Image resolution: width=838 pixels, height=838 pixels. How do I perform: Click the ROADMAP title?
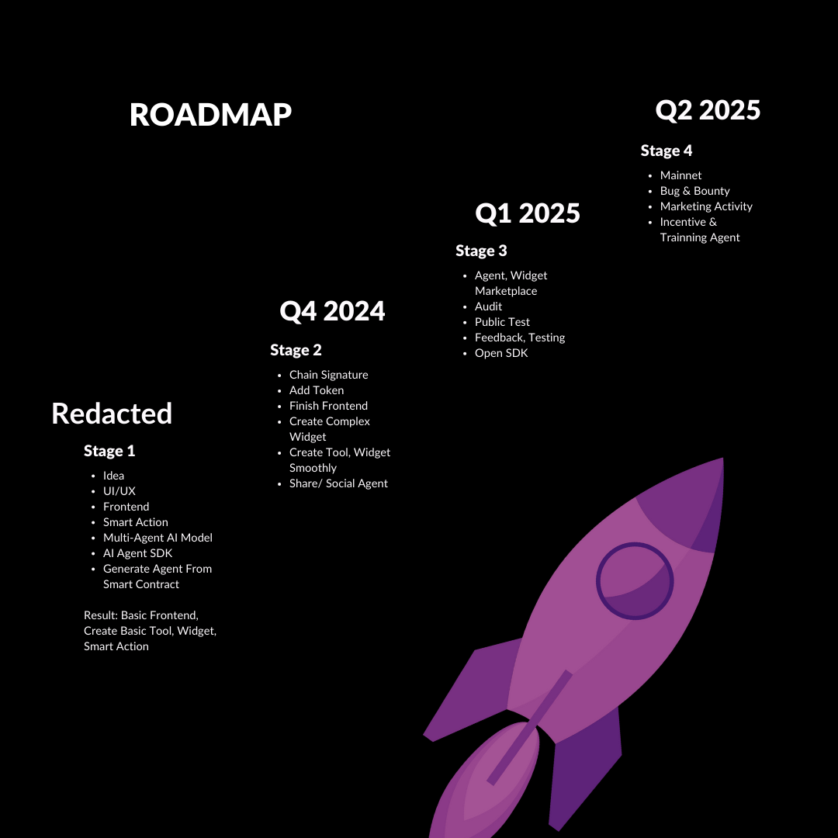pyautogui.click(x=210, y=115)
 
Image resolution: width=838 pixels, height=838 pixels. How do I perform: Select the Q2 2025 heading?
pyautogui.click(x=708, y=110)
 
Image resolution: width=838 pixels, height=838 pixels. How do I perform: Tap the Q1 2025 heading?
pyautogui.click(x=528, y=213)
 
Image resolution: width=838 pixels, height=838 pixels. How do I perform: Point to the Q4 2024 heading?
pyautogui.click(x=332, y=311)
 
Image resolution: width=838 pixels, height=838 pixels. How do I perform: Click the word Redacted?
pyautogui.click(x=112, y=414)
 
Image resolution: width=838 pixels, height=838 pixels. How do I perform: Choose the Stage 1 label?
pyautogui.click(x=109, y=451)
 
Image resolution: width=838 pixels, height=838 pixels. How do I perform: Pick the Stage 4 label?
pyautogui.click(x=667, y=151)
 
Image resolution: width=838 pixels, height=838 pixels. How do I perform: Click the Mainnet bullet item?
pyautogui.click(x=680, y=175)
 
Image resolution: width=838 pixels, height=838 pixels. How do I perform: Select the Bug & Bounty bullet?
pyautogui.click(x=694, y=191)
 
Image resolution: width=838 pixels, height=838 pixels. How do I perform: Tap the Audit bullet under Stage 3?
pyautogui.click(x=488, y=306)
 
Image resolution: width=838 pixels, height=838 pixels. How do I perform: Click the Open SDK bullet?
pyautogui.click(x=501, y=353)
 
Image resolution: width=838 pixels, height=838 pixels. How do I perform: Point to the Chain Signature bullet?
pyautogui.click(x=328, y=375)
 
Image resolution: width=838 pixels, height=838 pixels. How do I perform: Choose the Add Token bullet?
pyautogui.click(x=317, y=390)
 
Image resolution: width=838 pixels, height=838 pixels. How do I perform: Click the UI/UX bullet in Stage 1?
pyautogui.click(x=119, y=491)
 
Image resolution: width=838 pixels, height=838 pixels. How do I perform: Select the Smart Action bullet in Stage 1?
pyautogui.click(x=135, y=522)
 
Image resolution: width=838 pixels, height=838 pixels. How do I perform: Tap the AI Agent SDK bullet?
pyautogui.click(x=137, y=553)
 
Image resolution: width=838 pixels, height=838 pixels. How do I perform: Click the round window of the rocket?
pyautogui.click(x=635, y=580)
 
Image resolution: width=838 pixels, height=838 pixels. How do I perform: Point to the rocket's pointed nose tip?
pyautogui.click(x=720, y=461)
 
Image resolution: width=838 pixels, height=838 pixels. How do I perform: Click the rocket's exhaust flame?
pyautogui.click(x=485, y=784)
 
